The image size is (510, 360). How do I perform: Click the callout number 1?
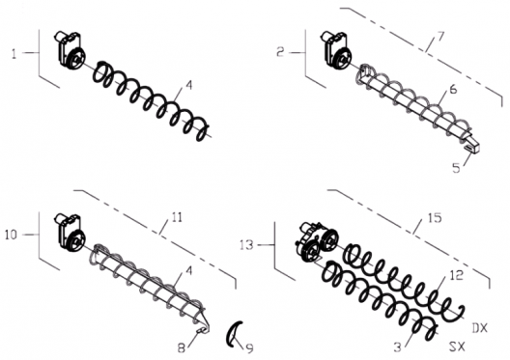14,54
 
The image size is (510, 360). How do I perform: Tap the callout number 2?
280,52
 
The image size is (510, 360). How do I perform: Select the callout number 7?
440,37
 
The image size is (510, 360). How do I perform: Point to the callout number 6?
453,89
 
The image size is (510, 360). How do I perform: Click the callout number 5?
456,168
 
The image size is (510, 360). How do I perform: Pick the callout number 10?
11,235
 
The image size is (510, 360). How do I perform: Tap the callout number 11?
177,217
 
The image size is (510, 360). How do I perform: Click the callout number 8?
182,348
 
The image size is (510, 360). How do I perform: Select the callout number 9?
249,348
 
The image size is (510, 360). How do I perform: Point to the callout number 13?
246,244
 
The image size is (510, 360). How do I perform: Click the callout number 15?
435,218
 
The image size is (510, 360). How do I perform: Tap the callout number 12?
457,275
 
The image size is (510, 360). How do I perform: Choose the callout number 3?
397,347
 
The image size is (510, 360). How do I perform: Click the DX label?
480,328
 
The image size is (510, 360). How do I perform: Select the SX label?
457,346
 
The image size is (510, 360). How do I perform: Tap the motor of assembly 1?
70,50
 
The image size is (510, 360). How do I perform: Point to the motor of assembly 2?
336,50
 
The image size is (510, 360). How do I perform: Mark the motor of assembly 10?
70,233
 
